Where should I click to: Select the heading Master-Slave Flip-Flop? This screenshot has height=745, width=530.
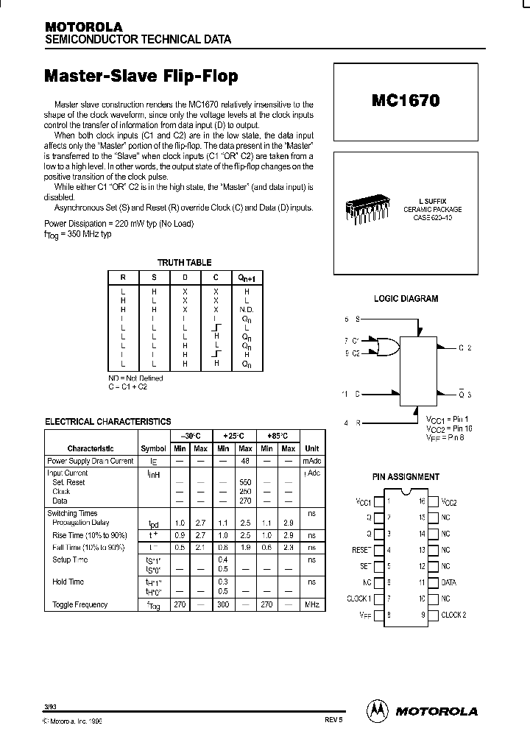tap(141, 76)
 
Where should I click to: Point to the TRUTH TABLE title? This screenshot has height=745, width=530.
tap(184, 262)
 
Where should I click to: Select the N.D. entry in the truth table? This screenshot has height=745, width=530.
tap(247, 310)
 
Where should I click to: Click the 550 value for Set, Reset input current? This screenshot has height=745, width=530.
tap(245, 482)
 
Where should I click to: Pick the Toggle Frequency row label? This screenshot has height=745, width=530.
tap(79, 604)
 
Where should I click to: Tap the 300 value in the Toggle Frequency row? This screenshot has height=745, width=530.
tap(223, 604)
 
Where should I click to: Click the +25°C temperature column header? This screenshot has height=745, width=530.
tap(234, 436)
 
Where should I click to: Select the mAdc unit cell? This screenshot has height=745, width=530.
tap(312, 461)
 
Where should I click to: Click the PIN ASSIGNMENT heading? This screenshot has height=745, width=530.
tap(406, 477)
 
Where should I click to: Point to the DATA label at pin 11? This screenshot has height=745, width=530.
tap(449, 582)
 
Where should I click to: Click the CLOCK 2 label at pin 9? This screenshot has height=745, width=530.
tap(453, 615)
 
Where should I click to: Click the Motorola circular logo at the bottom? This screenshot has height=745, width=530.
tap(376, 710)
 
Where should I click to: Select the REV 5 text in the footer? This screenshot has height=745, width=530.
tap(333, 722)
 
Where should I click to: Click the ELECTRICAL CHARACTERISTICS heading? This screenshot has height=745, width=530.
tap(108, 422)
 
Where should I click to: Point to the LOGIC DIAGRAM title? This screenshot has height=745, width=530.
tap(406, 299)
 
